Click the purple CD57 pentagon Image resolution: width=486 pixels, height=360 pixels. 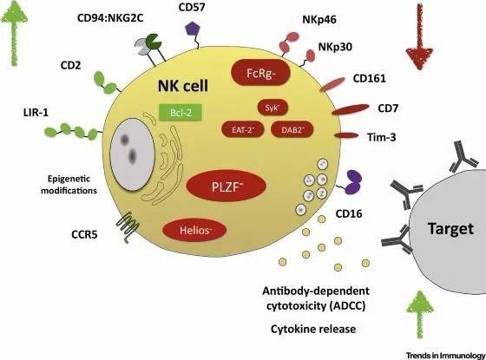(x=194, y=29)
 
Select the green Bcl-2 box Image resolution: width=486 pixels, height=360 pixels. (x=181, y=112)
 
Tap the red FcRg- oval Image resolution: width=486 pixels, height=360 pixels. (x=260, y=73)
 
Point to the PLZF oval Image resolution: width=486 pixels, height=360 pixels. (x=226, y=187)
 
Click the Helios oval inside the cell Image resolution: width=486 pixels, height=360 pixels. (x=194, y=230)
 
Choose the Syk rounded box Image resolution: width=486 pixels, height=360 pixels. (x=273, y=108)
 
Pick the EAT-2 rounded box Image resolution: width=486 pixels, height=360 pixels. (x=243, y=129)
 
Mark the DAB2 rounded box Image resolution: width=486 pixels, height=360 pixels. (x=292, y=129)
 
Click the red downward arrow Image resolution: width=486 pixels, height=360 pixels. (x=420, y=36)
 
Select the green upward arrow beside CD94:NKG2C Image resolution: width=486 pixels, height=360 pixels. (x=14, y=33)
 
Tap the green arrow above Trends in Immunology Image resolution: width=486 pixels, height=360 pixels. (x=420, y=314)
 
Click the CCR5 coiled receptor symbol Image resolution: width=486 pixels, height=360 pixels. (x=128, y=226)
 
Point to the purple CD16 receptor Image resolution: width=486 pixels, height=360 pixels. (x=353, y=182)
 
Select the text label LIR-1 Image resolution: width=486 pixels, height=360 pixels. (x=36, y=112)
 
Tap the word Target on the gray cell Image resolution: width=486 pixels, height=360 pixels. (x=450, y=229)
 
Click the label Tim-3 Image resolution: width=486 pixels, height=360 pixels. (x=382, y=137)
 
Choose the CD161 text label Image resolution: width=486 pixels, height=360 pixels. (x=370, y=78)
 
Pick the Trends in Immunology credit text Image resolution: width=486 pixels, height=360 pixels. (x=445, y=355)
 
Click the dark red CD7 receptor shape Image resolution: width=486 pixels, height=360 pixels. (x=351, y=109)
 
